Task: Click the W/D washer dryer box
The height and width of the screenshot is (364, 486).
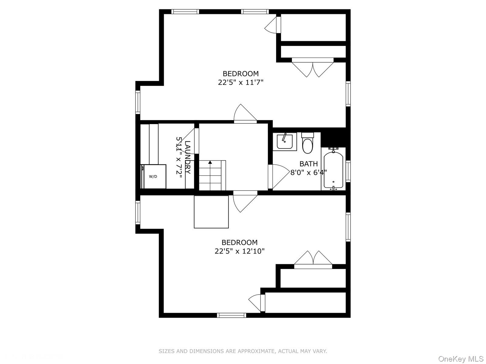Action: point(154,177)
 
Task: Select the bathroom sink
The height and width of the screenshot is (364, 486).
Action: point(285,142)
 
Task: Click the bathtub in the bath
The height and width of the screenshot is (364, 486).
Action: point(333,170)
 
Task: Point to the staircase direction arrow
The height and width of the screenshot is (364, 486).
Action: point(210,163)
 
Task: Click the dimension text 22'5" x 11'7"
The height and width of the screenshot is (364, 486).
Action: point(240,82)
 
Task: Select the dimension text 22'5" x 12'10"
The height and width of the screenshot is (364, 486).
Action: point(240,251)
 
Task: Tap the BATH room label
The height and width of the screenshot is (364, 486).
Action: point(308,164)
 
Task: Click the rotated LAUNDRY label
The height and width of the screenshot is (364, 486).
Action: point(188,157)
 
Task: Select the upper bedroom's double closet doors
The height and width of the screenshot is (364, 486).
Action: point(313,69)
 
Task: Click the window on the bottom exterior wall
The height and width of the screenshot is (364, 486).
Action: point(231,315)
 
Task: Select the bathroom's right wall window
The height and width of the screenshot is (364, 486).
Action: point(348,171)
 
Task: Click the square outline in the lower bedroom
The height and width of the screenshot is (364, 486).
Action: point(211,212)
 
